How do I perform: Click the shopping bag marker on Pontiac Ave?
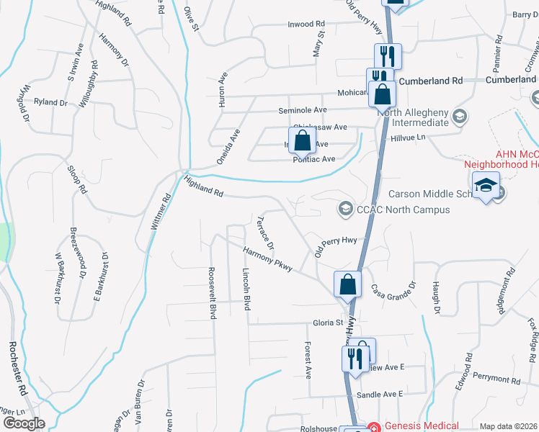[x=303, y=140]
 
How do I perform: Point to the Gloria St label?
[x=327, y=323]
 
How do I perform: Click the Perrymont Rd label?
[x=496, y=379]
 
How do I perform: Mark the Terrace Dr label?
[x=266, y=232]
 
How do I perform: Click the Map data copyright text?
[x=508, y=426]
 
